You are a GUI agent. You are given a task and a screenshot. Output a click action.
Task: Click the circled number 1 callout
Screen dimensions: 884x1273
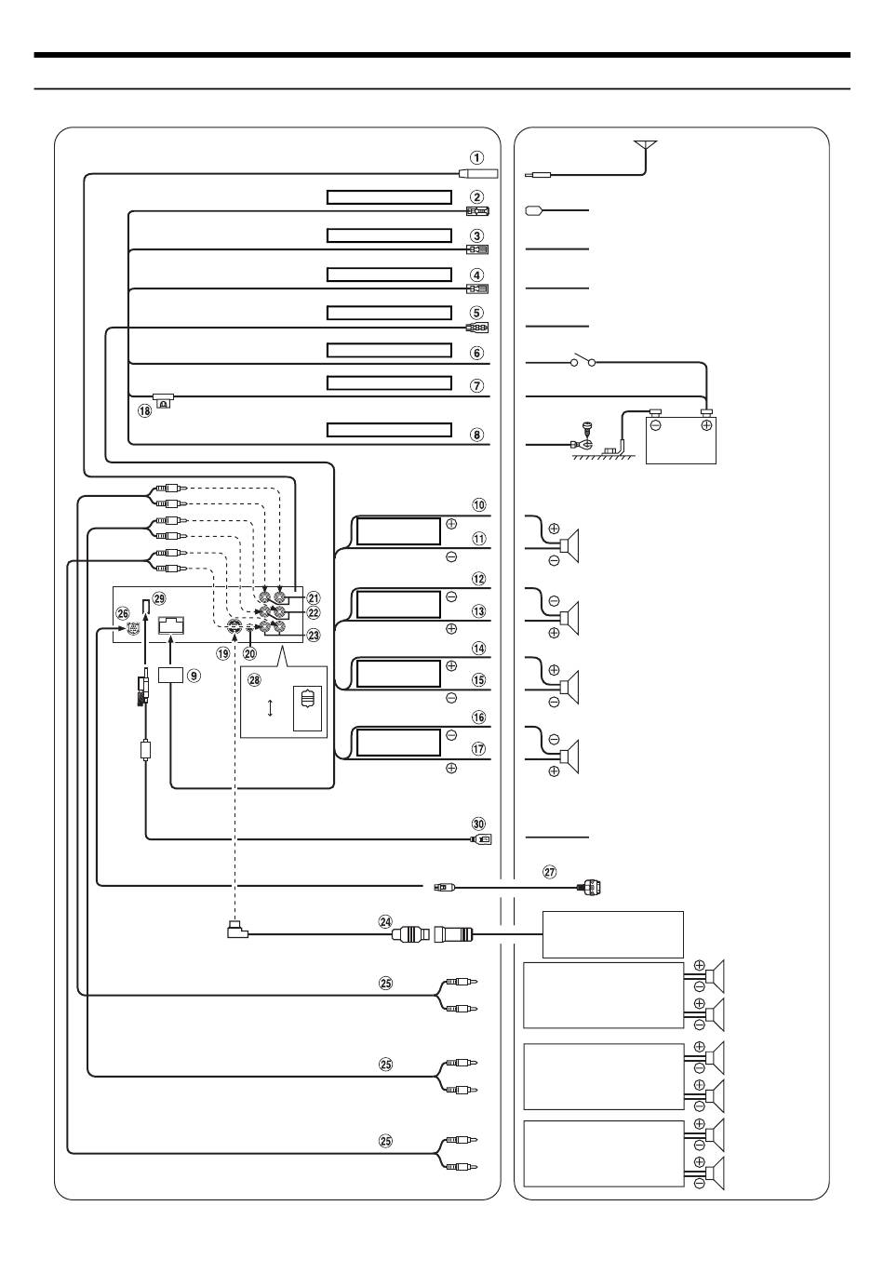476,157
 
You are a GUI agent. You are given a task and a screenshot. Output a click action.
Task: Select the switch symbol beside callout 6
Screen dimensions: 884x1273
584,360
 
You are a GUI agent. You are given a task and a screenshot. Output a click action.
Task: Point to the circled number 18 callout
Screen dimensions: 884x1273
145,410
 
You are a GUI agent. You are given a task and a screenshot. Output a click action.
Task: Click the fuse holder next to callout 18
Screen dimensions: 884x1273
164,400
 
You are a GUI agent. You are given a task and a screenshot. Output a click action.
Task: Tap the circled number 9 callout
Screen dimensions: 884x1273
194,676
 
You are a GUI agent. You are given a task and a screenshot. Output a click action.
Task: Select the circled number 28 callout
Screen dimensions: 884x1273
255,680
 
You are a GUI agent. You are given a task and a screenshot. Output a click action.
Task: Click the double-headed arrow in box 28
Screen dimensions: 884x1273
270,707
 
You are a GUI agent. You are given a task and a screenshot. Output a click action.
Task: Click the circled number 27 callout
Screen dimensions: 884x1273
549,872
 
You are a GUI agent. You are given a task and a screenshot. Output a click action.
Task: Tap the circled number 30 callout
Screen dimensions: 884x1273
479,824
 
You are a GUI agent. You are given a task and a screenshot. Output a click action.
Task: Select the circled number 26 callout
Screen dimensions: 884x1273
123,612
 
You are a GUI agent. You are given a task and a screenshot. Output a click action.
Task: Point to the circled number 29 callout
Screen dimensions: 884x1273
160,597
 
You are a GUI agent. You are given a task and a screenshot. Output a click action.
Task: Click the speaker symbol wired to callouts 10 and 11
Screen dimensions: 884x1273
569,545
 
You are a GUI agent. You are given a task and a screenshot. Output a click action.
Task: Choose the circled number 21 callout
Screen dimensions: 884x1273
313,597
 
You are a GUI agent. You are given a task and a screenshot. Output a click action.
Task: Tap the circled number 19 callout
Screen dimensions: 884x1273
222,653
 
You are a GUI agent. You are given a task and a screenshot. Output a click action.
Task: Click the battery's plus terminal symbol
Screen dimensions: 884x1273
707,425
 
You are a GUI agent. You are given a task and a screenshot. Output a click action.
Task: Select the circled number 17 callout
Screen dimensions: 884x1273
479,748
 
